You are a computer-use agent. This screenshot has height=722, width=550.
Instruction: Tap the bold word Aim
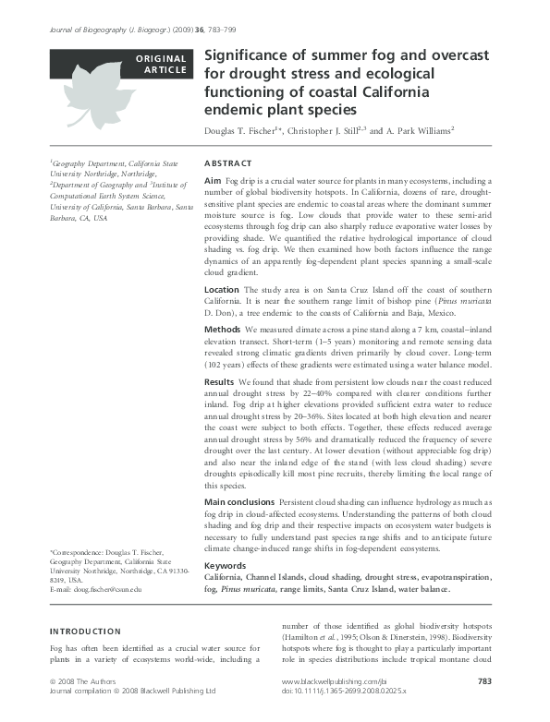(x=213, y=180)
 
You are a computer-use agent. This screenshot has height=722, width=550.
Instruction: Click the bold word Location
(x=225, y=289)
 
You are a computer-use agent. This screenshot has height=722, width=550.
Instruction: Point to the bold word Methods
(x=223, y=329)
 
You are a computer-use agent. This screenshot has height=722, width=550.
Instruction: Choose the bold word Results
(x=220, y=381)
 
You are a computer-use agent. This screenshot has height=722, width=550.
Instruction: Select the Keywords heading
(x=225, y=565)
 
